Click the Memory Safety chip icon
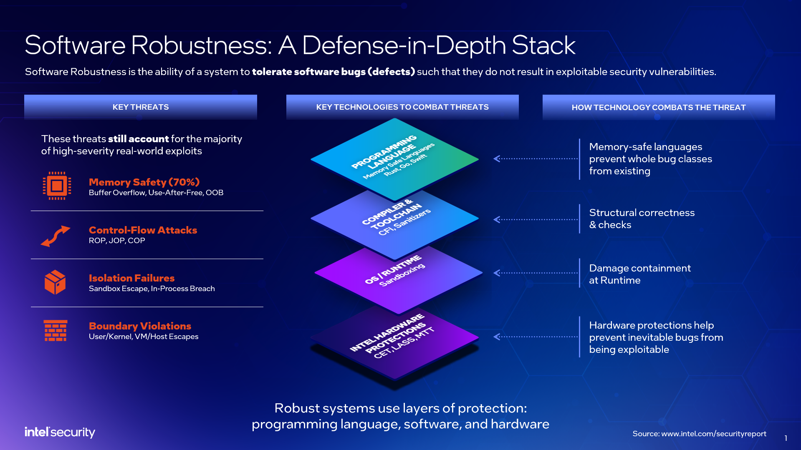tap(57, 186)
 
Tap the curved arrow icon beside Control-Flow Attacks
tap(55, 236)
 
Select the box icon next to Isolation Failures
tap(55, 282)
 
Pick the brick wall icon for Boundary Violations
tap(56, 331)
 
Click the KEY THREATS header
tap(141, 107)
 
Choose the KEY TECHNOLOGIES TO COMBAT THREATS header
tap(402, 107)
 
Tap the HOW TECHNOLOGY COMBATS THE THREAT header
tap(659, 108)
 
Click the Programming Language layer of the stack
tap(394, 159)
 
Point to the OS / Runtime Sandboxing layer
tap(399, 277)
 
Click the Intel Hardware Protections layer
tap(394, 342)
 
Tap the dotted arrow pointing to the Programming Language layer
tap(536, 158)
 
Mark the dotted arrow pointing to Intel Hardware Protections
tap(536, 337)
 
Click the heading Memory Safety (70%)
tap(144, 182)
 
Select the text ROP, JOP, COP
tap(117, 241)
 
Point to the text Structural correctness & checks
tap(642, 219)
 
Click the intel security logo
tap(60, 432)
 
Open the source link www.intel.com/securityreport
tap(714, 434)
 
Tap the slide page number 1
tap(786, 438)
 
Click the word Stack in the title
tap(543, 45)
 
